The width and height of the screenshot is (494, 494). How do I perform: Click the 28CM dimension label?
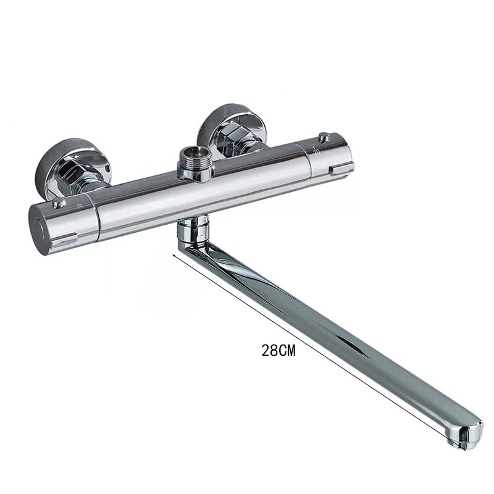tap(279, 351)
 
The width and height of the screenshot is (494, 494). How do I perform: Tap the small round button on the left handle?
tap(57, 203)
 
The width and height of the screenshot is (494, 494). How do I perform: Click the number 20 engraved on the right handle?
tap(316, 148)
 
